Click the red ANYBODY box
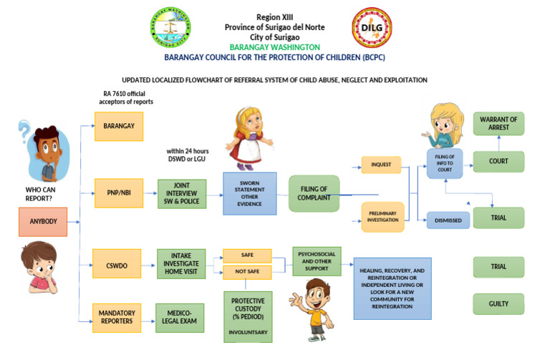43,222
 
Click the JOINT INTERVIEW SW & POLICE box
181,193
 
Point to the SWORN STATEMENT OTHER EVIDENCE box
249,193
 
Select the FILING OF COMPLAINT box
314,193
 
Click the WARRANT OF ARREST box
498,123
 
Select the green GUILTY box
498,304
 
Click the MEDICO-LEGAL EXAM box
180,318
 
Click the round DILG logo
371,27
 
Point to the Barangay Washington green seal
170,28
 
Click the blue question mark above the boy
26,131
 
